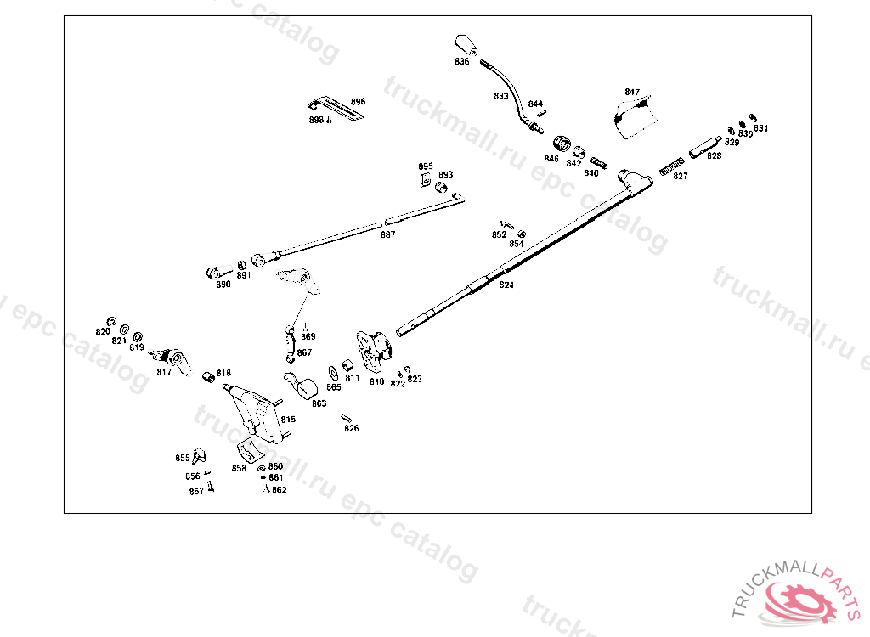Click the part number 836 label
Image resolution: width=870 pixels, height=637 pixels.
coord(461,62)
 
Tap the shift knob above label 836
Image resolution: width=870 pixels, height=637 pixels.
coord(465,45)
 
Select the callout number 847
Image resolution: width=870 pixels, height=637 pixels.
coord(632,92)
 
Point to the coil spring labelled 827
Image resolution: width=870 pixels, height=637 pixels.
coord(674,162)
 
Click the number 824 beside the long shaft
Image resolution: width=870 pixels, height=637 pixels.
coord(506,285)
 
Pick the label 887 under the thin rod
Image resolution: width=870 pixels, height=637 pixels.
coord(387,234)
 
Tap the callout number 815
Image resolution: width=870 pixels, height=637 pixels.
coord(288,419)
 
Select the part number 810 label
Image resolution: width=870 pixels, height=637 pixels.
coord(376,381)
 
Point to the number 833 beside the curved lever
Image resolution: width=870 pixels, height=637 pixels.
coord(501,96)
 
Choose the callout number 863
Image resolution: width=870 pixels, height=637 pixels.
coord(319,403)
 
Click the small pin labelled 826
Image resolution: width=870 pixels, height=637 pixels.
coord(347,416)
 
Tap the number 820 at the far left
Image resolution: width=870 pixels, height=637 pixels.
coord(103,331)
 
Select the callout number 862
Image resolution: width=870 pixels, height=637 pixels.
coord(280,490)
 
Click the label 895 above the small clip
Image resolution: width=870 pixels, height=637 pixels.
coord(425,166)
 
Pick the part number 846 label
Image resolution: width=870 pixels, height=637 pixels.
coord(551,159)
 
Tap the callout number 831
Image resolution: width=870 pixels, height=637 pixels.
coord(760,128)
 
